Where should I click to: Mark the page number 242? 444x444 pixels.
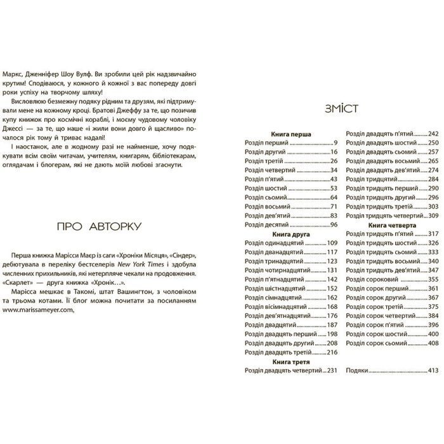click(434, 134)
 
